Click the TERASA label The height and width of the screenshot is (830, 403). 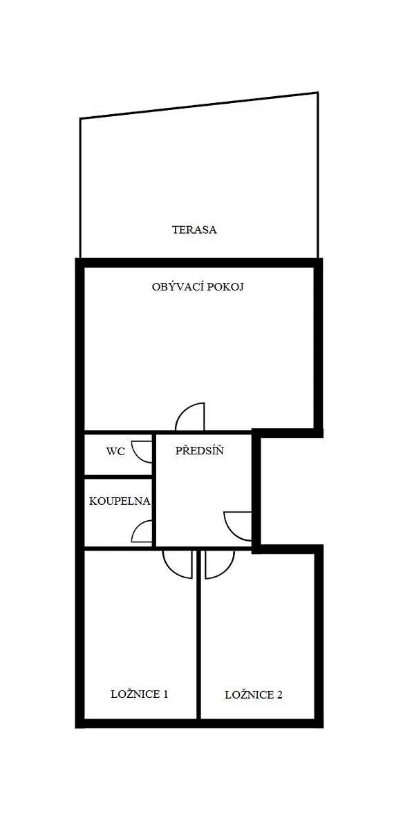click(194, 230)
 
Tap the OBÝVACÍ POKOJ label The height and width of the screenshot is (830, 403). click(198, 287)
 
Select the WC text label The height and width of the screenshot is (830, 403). click(115, 451)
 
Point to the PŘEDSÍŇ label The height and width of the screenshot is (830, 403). click(199, 450)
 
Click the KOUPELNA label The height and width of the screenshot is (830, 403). click(120, 501)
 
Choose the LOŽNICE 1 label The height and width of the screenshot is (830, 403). click(139, 694)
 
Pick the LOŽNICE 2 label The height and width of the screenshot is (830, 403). click(254, 694)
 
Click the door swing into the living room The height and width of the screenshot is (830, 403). click(189, 417)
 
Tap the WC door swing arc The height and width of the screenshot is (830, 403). click(142, 451)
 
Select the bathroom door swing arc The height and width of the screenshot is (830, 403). click(142, 531)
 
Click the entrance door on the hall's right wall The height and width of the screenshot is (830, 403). click(237, 526)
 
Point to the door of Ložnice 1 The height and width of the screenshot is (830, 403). click(178, 564)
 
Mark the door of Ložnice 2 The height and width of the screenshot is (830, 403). click(220, 564)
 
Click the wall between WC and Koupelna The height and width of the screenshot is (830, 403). click(118, 477)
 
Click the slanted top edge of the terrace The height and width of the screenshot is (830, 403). click(199, 105)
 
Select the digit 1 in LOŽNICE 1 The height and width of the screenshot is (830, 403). click(165, 694)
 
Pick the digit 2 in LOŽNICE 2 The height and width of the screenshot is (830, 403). click(279, 694)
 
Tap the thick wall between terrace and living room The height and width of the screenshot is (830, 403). click(199, 263)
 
